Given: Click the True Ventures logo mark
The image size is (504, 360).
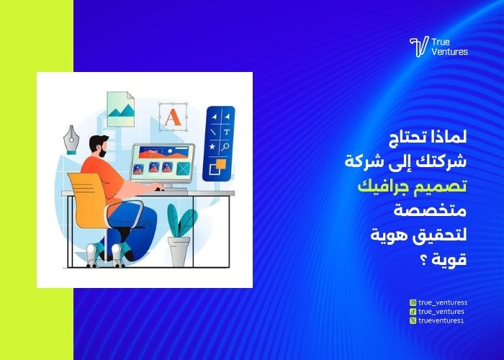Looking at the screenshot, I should click(x=418, y=47).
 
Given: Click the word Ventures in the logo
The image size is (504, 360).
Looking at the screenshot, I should click(x=450, y=52).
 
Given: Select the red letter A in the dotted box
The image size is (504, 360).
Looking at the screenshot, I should click(x=171, y=117).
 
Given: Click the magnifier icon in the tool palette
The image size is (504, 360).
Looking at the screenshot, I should click(x=226, y=147).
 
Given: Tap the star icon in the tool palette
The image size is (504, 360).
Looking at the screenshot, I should click(x=212, y=147).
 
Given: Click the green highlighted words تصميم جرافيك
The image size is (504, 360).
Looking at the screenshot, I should click(x=413, y=186).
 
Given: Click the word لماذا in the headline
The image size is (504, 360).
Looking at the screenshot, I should click(x=449, y=136).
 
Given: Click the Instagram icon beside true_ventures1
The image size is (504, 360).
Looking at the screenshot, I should click(x=413, y=303).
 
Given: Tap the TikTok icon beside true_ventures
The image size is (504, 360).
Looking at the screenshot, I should click(x=413, y=311).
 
